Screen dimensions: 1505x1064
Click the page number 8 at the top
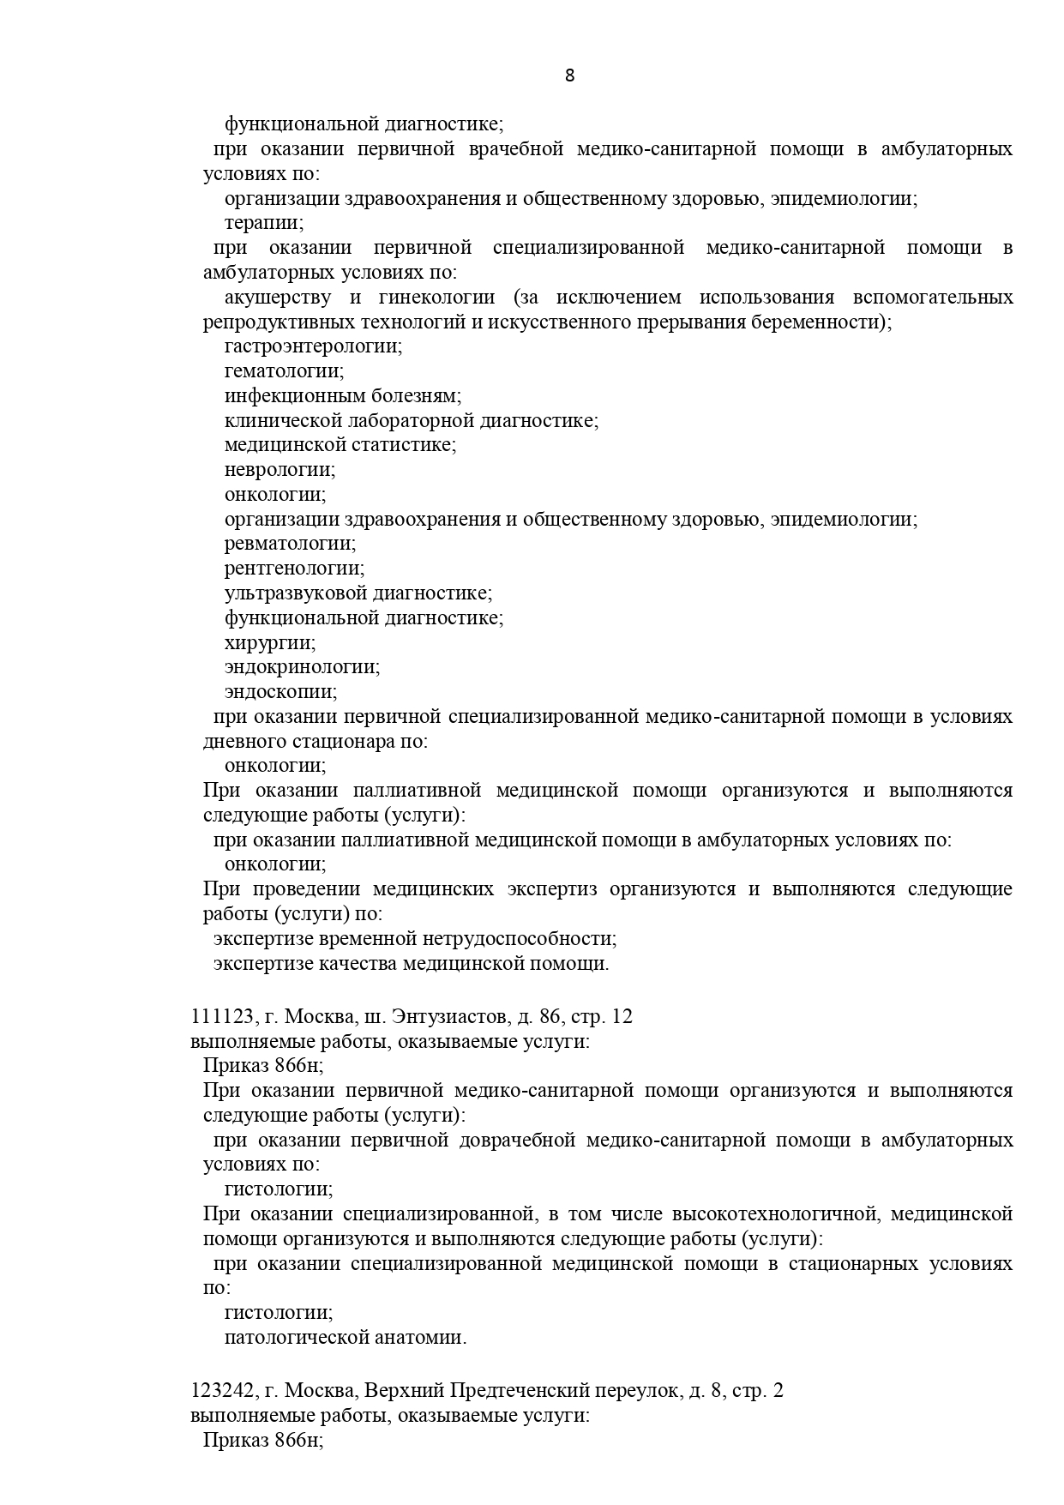570,75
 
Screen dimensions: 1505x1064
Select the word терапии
263,223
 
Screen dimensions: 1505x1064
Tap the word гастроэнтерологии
313,346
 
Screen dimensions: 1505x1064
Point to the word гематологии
284,371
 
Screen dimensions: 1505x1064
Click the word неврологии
280,470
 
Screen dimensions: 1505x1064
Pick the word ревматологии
290,544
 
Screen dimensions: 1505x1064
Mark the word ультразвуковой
298,593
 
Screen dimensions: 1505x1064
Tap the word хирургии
269,642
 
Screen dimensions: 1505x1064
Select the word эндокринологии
302,667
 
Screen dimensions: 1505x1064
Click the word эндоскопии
280,692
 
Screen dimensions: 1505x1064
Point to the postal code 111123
221,1017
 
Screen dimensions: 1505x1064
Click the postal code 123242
221,1391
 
